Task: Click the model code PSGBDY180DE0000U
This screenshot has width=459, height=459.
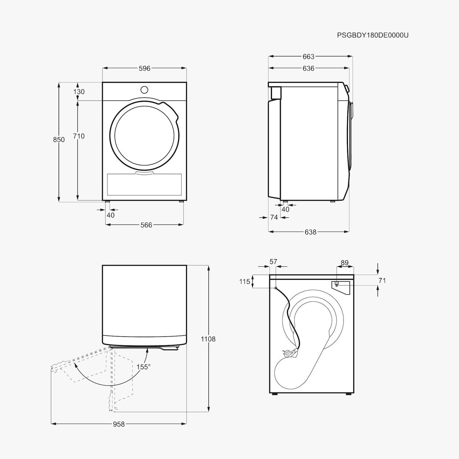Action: [373, 35]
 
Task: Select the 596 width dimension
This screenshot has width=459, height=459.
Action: [145, 68]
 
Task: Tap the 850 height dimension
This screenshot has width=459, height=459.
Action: [59, 140]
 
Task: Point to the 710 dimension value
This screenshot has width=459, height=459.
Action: [79, 136]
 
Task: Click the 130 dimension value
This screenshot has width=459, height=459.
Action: [79, 92]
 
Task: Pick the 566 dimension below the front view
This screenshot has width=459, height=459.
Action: [146, 225]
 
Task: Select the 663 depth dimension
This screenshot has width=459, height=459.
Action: [308, 57]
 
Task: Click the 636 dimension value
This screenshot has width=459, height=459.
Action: [308, 68]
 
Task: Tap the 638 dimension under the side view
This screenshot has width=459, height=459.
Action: [311, 232]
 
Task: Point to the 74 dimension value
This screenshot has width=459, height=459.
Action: [274, 217]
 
